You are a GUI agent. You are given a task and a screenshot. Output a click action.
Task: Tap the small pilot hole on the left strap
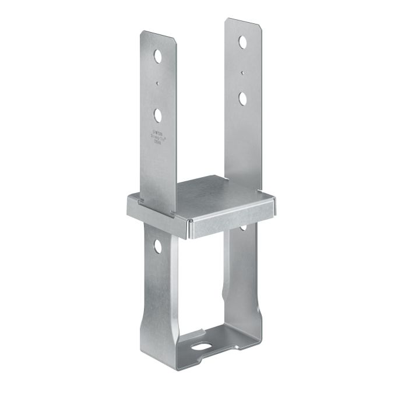[x=158, y=83]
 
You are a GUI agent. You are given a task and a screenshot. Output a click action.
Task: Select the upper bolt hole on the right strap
[x=242, y=43]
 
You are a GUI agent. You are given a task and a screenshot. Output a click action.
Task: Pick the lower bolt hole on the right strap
[x=242, y=97]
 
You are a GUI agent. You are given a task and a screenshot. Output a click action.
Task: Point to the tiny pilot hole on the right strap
[x=242, y=73]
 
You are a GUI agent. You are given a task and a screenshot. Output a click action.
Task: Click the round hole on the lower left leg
[x=157, y=247]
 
